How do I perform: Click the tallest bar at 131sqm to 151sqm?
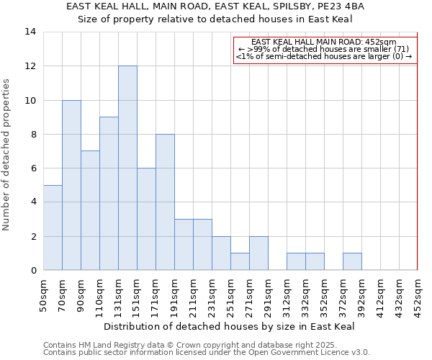pos(127,168)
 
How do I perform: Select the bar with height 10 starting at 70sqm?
pos(71,185)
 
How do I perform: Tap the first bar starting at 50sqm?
pos(53,228)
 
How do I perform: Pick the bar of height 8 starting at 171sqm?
pos(165,202)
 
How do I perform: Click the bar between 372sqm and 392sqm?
pos(352,262)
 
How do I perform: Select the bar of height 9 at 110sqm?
pos(109,194)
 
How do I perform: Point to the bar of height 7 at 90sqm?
pos(90,210)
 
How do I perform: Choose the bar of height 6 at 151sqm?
pos(146,219)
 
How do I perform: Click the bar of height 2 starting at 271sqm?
pos(258,253)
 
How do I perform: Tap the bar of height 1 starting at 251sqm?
pos(240,262)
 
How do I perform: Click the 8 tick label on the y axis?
pos(32,134)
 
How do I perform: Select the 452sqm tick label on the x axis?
pos(418,295)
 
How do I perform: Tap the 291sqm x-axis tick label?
pos(268,295)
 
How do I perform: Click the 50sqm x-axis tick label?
pos(43,295)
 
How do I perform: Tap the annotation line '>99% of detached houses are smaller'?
pos(325,49)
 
